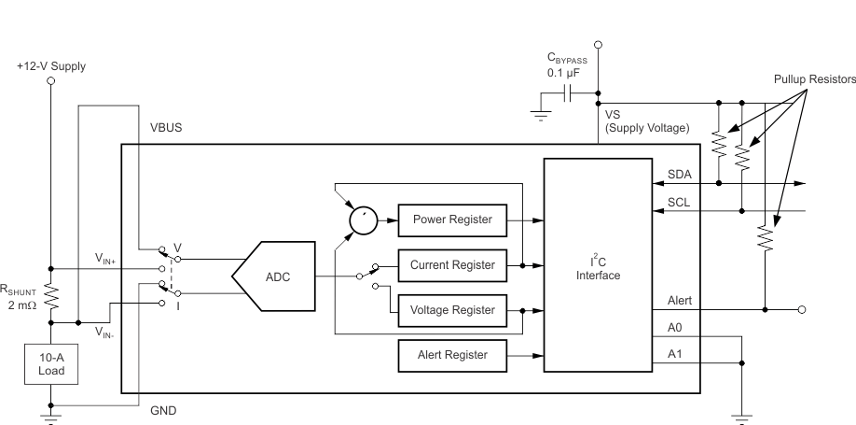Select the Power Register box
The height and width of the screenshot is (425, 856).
point(452,220)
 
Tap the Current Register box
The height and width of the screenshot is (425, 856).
point(452,265)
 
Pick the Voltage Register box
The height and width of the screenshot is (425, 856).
point(452,309)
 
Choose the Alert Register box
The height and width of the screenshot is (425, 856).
point(452,355)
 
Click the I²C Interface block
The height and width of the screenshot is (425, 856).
point(598,264)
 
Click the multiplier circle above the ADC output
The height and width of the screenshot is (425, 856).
point(362,220)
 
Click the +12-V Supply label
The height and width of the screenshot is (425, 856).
point(52,66)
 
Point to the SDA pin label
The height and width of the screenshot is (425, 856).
point(680,174)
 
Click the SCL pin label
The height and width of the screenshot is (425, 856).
point(680,202)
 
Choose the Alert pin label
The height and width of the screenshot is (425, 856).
point(680,301)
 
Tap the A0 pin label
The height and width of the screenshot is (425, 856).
point(676,328)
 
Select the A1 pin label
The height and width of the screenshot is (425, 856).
point(676,354)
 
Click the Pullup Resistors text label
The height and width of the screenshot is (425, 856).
point(808,80)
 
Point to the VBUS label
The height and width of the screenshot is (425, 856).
point(167,127)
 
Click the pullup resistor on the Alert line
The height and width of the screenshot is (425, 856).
point(766,238)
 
